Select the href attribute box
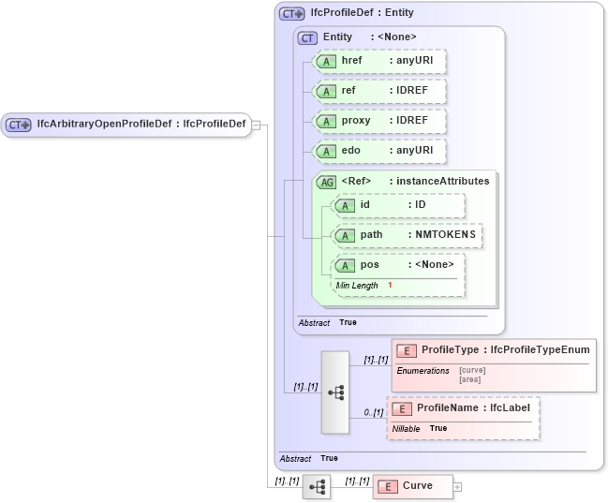pyautogui.click(x=380, y=61)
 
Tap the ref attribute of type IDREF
pyautogui.click(x=380, y=91)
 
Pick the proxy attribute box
pyautogui.click(x=380, y=121)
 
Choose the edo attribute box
pyautogui.click(x=380, y=151)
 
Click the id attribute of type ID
pyautogui.click(x=399, y=205)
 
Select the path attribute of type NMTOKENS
pyautogui.click(x=408, y=234)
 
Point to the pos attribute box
pyautogui.click(x=399, y=265)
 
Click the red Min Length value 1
pyautogui.click(x=390, y=285)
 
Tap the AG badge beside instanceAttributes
pyautogui.click(x=327, y=182)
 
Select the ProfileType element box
pyautogui.click(x=494, y=350)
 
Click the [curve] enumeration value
pyautogui.click(x=472, y=370)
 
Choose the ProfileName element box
pyautogui.click(x=464, y=409)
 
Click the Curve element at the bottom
pyautogui.click(x=413, y=486)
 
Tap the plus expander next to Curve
pyautogui.click(x=457, y=486)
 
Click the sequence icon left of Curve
pyautogui.click(x=317, y=486)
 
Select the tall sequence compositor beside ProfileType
pyautogui.click(x=335, y=392)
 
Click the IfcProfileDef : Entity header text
pyautogui.click(x=362, y=13)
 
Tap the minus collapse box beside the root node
pyautogui.click(x=256, y=126)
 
